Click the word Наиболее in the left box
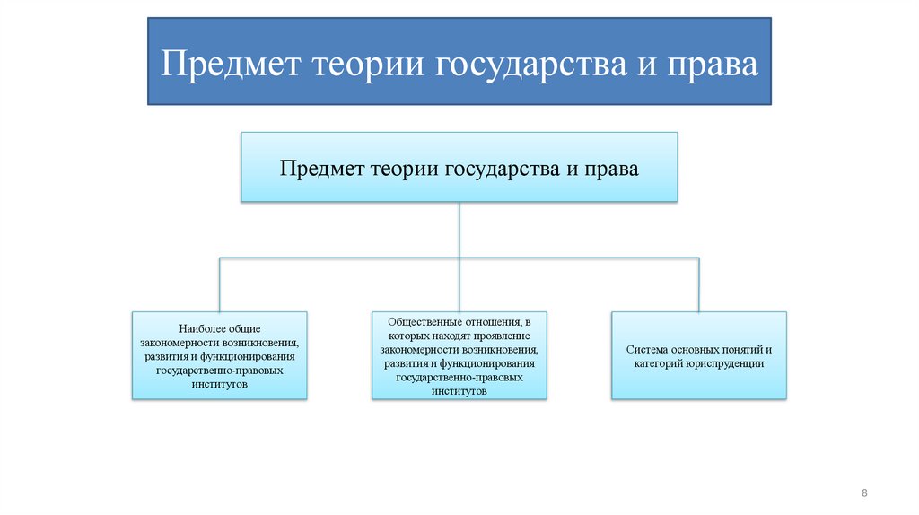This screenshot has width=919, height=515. coord(202,328)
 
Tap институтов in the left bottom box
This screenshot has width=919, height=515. coord(220,383)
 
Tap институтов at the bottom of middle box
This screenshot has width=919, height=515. coord(459,391)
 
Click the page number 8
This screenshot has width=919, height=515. coord(864,493)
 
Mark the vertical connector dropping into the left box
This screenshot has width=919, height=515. coord(220,285)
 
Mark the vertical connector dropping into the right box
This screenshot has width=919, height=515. coord(698,285)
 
